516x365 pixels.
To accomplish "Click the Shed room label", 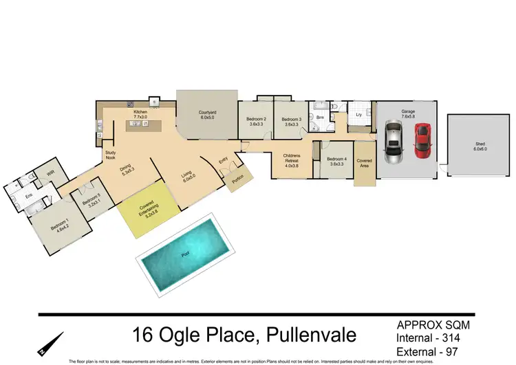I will (480, 145).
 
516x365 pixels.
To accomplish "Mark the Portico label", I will (238, 181).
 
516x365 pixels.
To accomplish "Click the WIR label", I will (50, 174).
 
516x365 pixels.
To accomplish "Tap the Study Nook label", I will (110, 155).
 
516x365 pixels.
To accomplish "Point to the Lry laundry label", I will (358, 114).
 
